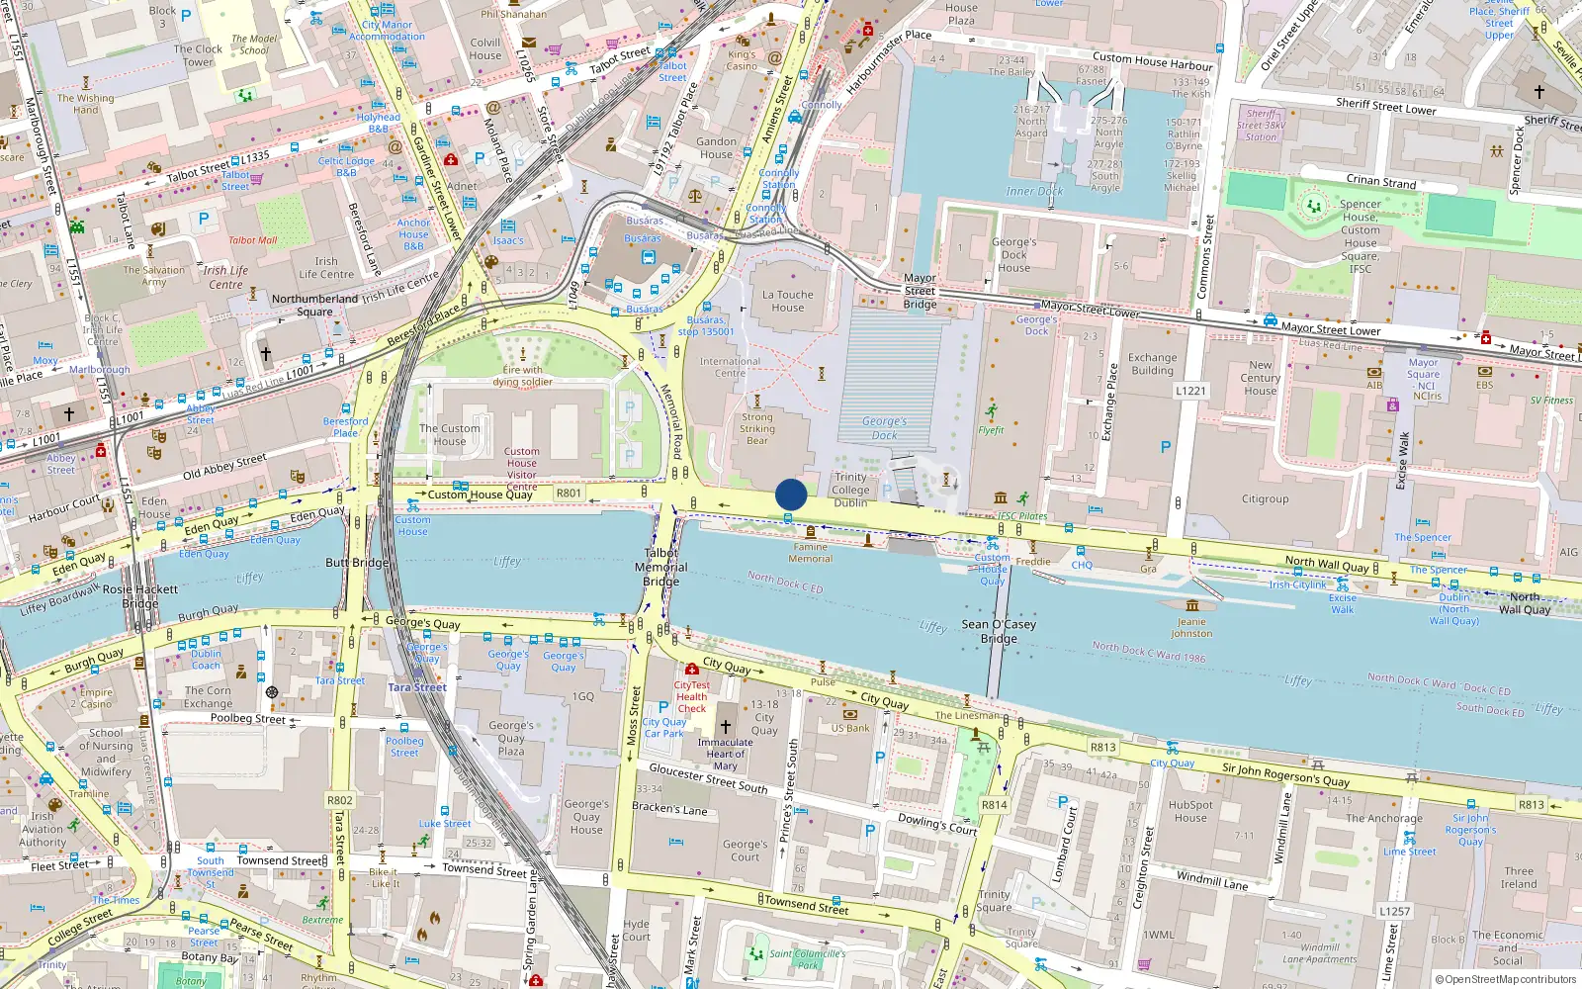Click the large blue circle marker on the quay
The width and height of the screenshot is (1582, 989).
pos(791,494)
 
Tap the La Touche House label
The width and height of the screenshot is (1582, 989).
pos(788,301)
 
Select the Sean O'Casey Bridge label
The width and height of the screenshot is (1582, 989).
pos(999,631)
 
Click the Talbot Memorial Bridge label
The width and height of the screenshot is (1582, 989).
pos(660,567)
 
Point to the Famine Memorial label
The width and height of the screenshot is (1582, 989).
pos(811,553)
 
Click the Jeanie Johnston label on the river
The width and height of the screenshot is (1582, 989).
pos(1191,627)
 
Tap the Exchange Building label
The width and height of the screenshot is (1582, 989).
pos(1152,364)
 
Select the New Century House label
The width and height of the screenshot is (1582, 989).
pos(1260,378)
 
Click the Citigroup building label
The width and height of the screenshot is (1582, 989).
pos(1265,499)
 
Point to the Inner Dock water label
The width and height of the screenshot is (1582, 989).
pos(1034,191)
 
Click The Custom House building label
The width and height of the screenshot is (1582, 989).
pos(449,435)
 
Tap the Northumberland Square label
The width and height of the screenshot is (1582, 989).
pos(314,305)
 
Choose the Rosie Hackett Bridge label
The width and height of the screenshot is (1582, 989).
pos(140,595)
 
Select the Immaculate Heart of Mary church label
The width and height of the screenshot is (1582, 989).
pos(725,754)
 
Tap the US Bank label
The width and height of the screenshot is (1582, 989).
pos(850,728)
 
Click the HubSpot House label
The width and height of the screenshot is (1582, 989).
pos(1190,811)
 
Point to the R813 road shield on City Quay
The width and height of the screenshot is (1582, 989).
pos(1102,748)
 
